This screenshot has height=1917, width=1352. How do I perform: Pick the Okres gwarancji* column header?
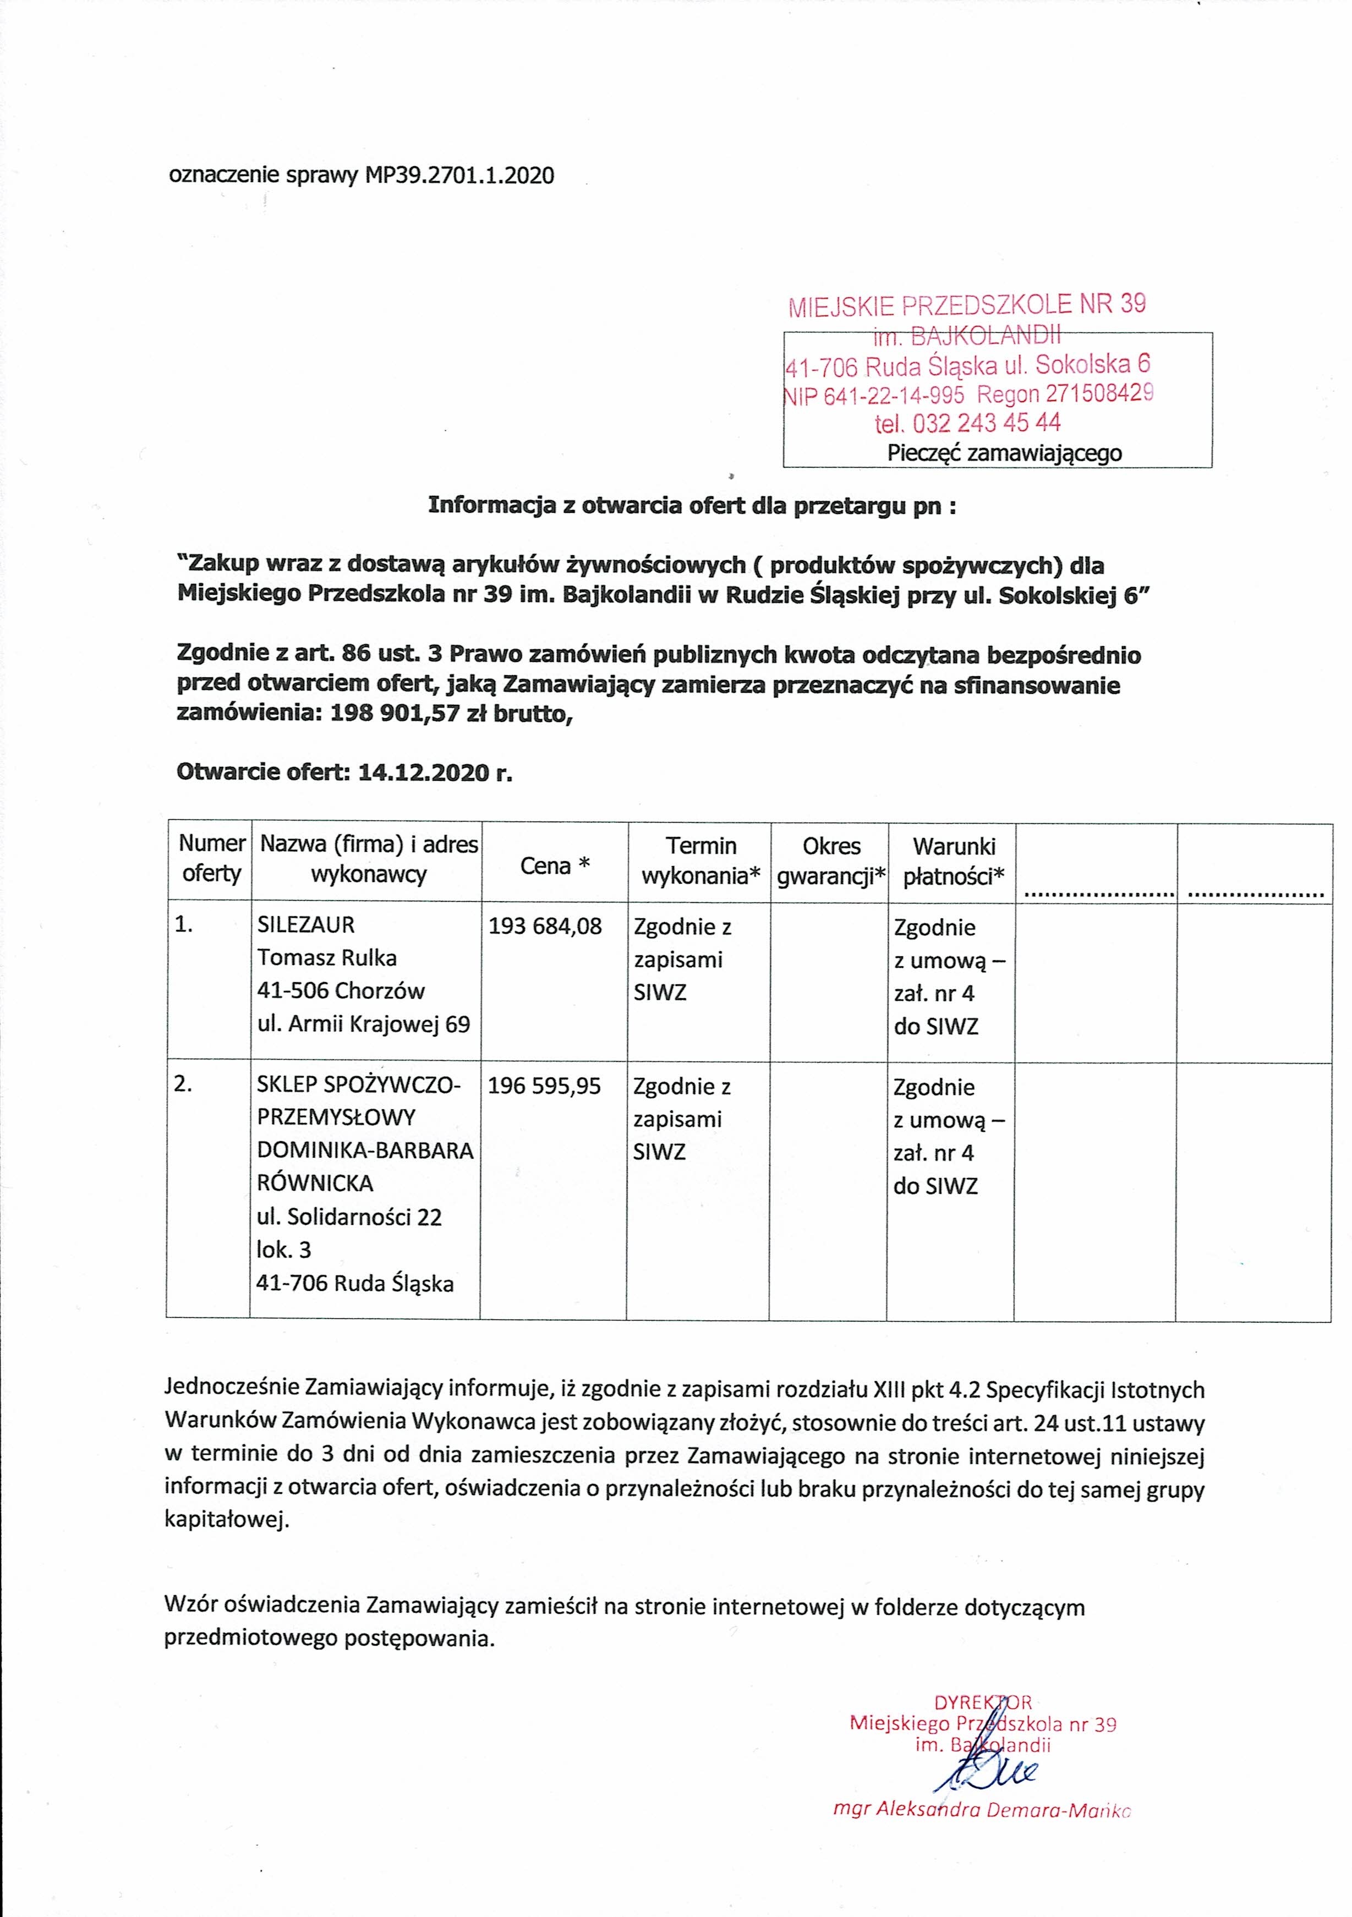tap(831, 861)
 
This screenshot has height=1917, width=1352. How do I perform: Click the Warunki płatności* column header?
tap(954, 861)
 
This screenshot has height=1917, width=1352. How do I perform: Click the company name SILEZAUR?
tap(305, 925)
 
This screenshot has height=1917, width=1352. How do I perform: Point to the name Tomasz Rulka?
tap(326, 957)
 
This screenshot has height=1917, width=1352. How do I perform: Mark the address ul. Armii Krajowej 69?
tap(363, 1023)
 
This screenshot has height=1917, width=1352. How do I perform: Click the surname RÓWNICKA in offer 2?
tap(315, 1183)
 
